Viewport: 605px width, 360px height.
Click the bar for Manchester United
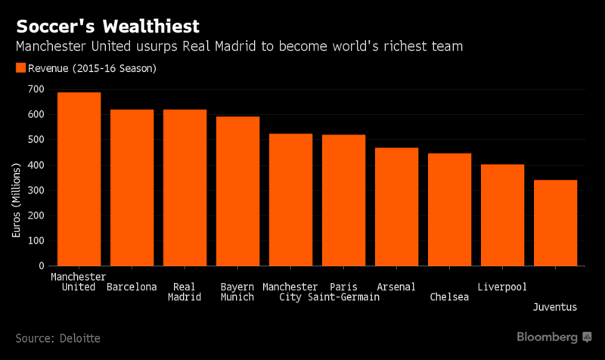click(79, 179)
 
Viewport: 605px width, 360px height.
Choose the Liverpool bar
click(502, 216)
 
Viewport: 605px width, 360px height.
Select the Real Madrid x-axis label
click(185, 292)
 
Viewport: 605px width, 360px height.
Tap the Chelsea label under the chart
click(449, 297)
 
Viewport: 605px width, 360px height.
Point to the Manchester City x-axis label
click(290, 292)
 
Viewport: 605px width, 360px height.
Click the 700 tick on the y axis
click(35, 89)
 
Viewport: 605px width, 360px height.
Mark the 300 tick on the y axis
click(35, 191)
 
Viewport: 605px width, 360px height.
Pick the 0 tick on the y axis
click(41, 266)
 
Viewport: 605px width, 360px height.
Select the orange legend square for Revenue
click(20, 68)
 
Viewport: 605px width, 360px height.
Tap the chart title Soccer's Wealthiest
click(108, 26)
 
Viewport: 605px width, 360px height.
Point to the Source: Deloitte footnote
click(57, 337)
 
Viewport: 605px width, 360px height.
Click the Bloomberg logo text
click(548, 337)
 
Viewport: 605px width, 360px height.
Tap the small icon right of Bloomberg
click(587, 337)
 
